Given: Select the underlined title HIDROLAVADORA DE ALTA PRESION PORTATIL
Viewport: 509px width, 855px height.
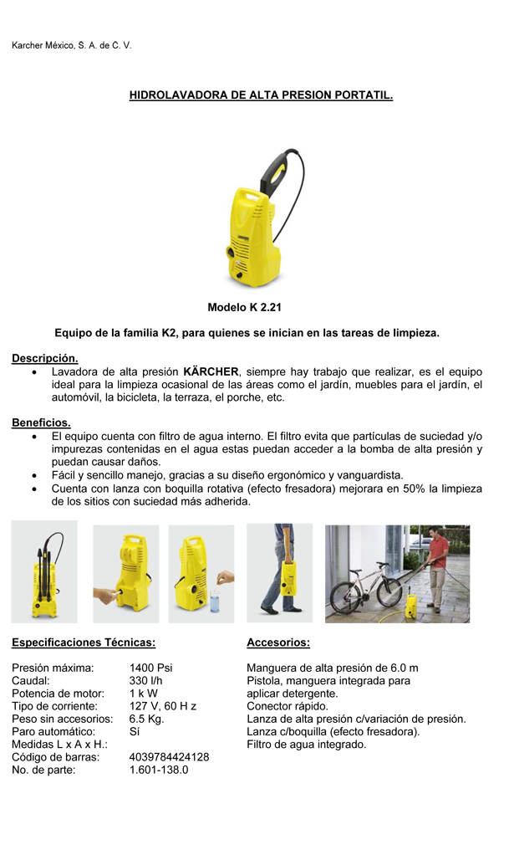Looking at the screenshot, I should coord(261,96).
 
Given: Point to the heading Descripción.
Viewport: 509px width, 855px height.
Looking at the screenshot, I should coord(45,358).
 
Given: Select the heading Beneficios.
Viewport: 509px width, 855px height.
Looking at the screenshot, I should coord(41,422).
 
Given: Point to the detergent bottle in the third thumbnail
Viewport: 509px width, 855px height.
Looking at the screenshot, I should coord(215,599).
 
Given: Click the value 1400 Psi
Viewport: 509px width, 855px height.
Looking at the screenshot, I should coord(151,668).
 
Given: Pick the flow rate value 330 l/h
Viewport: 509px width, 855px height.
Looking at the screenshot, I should coord(146,681).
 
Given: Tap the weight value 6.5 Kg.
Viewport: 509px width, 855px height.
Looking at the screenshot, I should coord(147,719).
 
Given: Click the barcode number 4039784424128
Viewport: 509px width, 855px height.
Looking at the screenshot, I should coord(169,757).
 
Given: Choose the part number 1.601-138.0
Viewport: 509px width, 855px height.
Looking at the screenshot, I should coord(159,770).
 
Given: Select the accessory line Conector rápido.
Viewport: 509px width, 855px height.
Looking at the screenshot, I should coord(288,706).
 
